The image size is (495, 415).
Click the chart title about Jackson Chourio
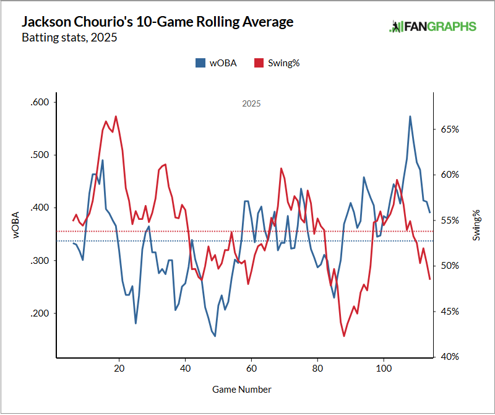click(x=157, y=22)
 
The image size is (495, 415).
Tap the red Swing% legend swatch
click(x=259, y=63)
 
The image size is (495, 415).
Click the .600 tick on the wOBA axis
click(x=41, y=102)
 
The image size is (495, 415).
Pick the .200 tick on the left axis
click(x=41, y=313)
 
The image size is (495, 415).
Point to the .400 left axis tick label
click(x=41, y=207)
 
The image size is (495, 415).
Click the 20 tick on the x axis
click(x=119, y=367)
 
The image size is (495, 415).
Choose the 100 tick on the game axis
click(x=384, y=367)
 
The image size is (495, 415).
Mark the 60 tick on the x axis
click(x=251, y=367)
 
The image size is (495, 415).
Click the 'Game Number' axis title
click(x=242, y=390)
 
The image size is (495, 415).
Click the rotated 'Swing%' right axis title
click(x=476, y=225)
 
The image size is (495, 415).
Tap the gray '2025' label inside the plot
click(x=251, y=104)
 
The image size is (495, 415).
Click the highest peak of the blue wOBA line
click(x=410, y=116)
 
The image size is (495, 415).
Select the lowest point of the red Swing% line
click(x=343, y=336)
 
